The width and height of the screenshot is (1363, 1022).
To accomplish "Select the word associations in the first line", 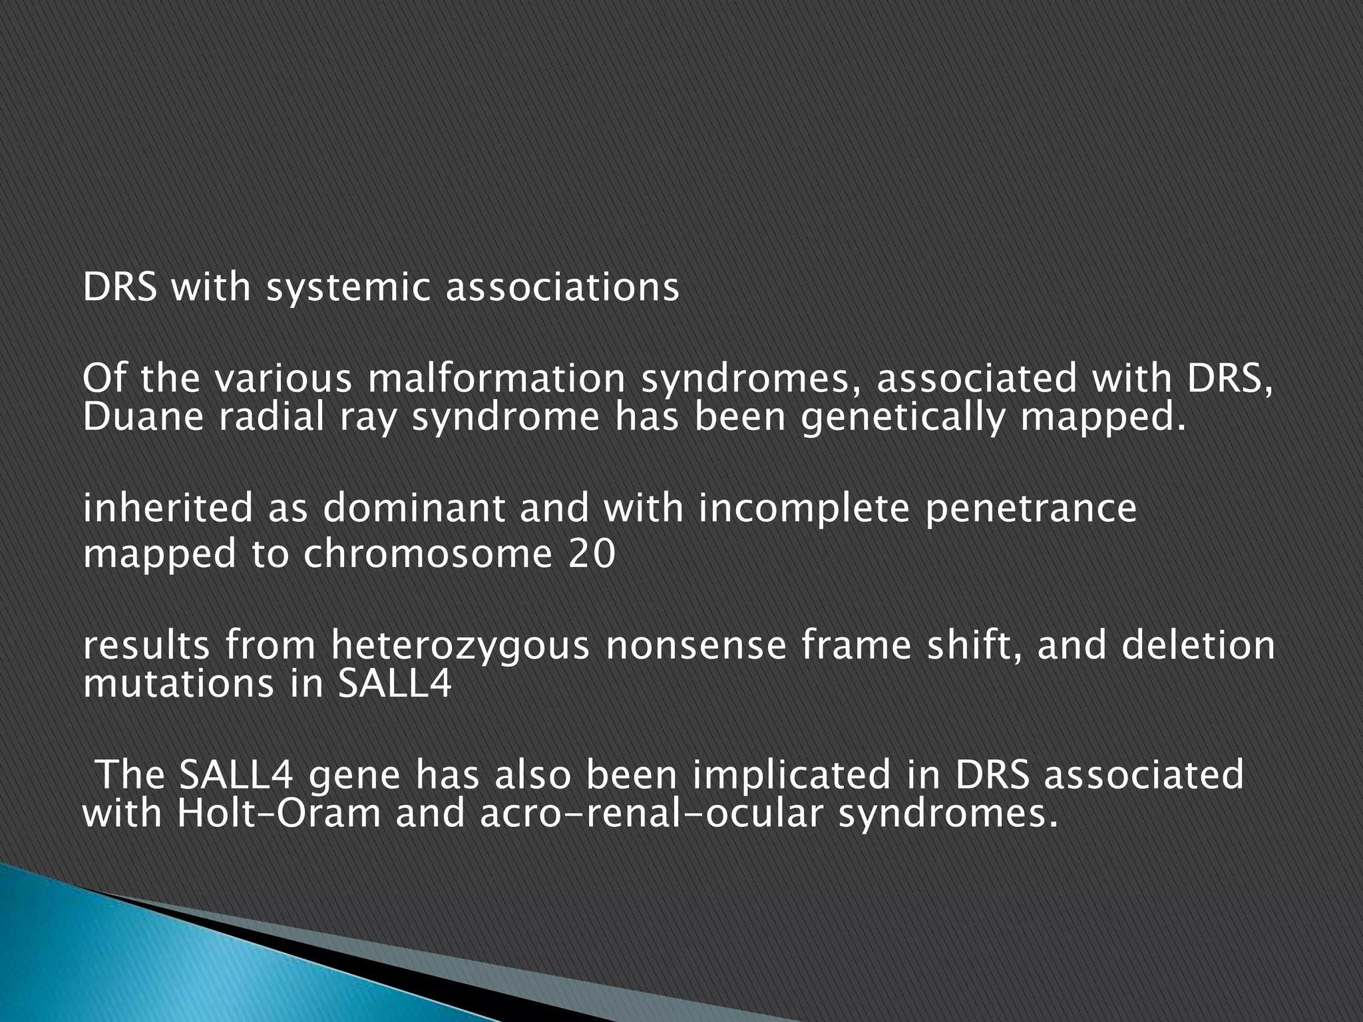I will [562, 287].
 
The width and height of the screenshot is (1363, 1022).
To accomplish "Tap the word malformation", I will [496, 379].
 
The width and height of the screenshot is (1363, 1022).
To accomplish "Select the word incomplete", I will [802, 508].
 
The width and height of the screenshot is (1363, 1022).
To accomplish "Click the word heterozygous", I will [460, 646].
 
